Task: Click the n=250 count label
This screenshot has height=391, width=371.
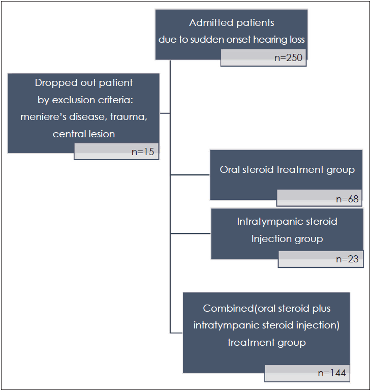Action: [x=288, y=57]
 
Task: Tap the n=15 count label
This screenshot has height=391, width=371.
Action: [x=143, y=152]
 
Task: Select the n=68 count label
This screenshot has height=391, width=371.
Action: [x=347, y=199]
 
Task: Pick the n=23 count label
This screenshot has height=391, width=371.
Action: [x=347, y=259]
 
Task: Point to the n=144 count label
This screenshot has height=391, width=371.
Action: [x=332, y=373]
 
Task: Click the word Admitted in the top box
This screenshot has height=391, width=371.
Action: [x=211, y=23]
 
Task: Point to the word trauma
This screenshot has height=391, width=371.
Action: [x=129, y=117]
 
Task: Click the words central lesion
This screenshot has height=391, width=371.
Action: [x=84, y=134]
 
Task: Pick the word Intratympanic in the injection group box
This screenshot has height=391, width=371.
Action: [x=270, y=222]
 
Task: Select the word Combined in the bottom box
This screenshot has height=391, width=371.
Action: [x=228, y=309]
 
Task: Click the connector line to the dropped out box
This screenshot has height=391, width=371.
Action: [x=165, y=113]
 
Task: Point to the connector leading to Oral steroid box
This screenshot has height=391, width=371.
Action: [x=190, y=175]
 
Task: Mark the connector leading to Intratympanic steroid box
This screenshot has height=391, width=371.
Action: [x=191, y=233]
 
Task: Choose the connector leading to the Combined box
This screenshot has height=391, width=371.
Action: [x=176, y=333]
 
